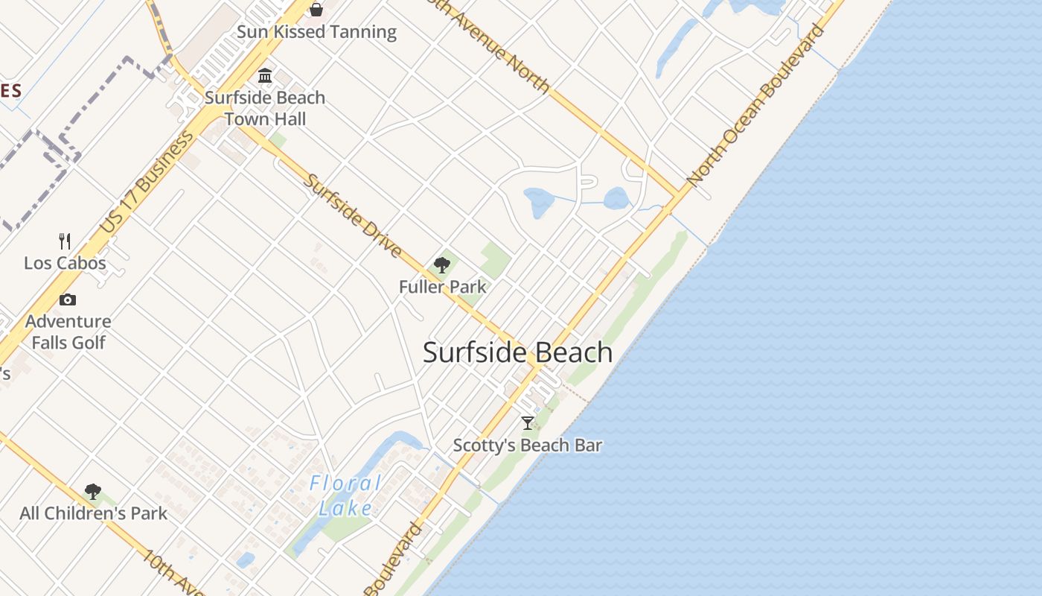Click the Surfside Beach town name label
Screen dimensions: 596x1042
point(517,352)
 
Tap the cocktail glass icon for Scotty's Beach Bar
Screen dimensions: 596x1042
point(528,423)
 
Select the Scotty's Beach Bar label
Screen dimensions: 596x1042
point(528,446)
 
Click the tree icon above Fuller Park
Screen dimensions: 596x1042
point(442,265)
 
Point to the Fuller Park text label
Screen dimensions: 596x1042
point(442,287)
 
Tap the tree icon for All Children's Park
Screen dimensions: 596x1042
point(93,492)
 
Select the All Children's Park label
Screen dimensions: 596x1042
point(94,513)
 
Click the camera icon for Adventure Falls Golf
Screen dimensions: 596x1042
point(68,299)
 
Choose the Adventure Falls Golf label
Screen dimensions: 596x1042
point(68,332)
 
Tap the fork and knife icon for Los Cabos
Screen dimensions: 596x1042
point(65,241)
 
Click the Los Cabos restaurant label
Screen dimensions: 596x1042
point(65,263)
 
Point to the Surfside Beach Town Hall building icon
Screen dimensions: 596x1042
point(265,76)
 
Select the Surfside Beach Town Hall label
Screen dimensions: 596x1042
point(265,108)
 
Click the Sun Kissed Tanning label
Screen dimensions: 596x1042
point(316,32)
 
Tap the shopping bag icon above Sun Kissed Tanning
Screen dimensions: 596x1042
point(316,9)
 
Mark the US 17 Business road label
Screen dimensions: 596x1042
point(147,182)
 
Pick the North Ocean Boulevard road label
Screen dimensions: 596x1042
point(755,105)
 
